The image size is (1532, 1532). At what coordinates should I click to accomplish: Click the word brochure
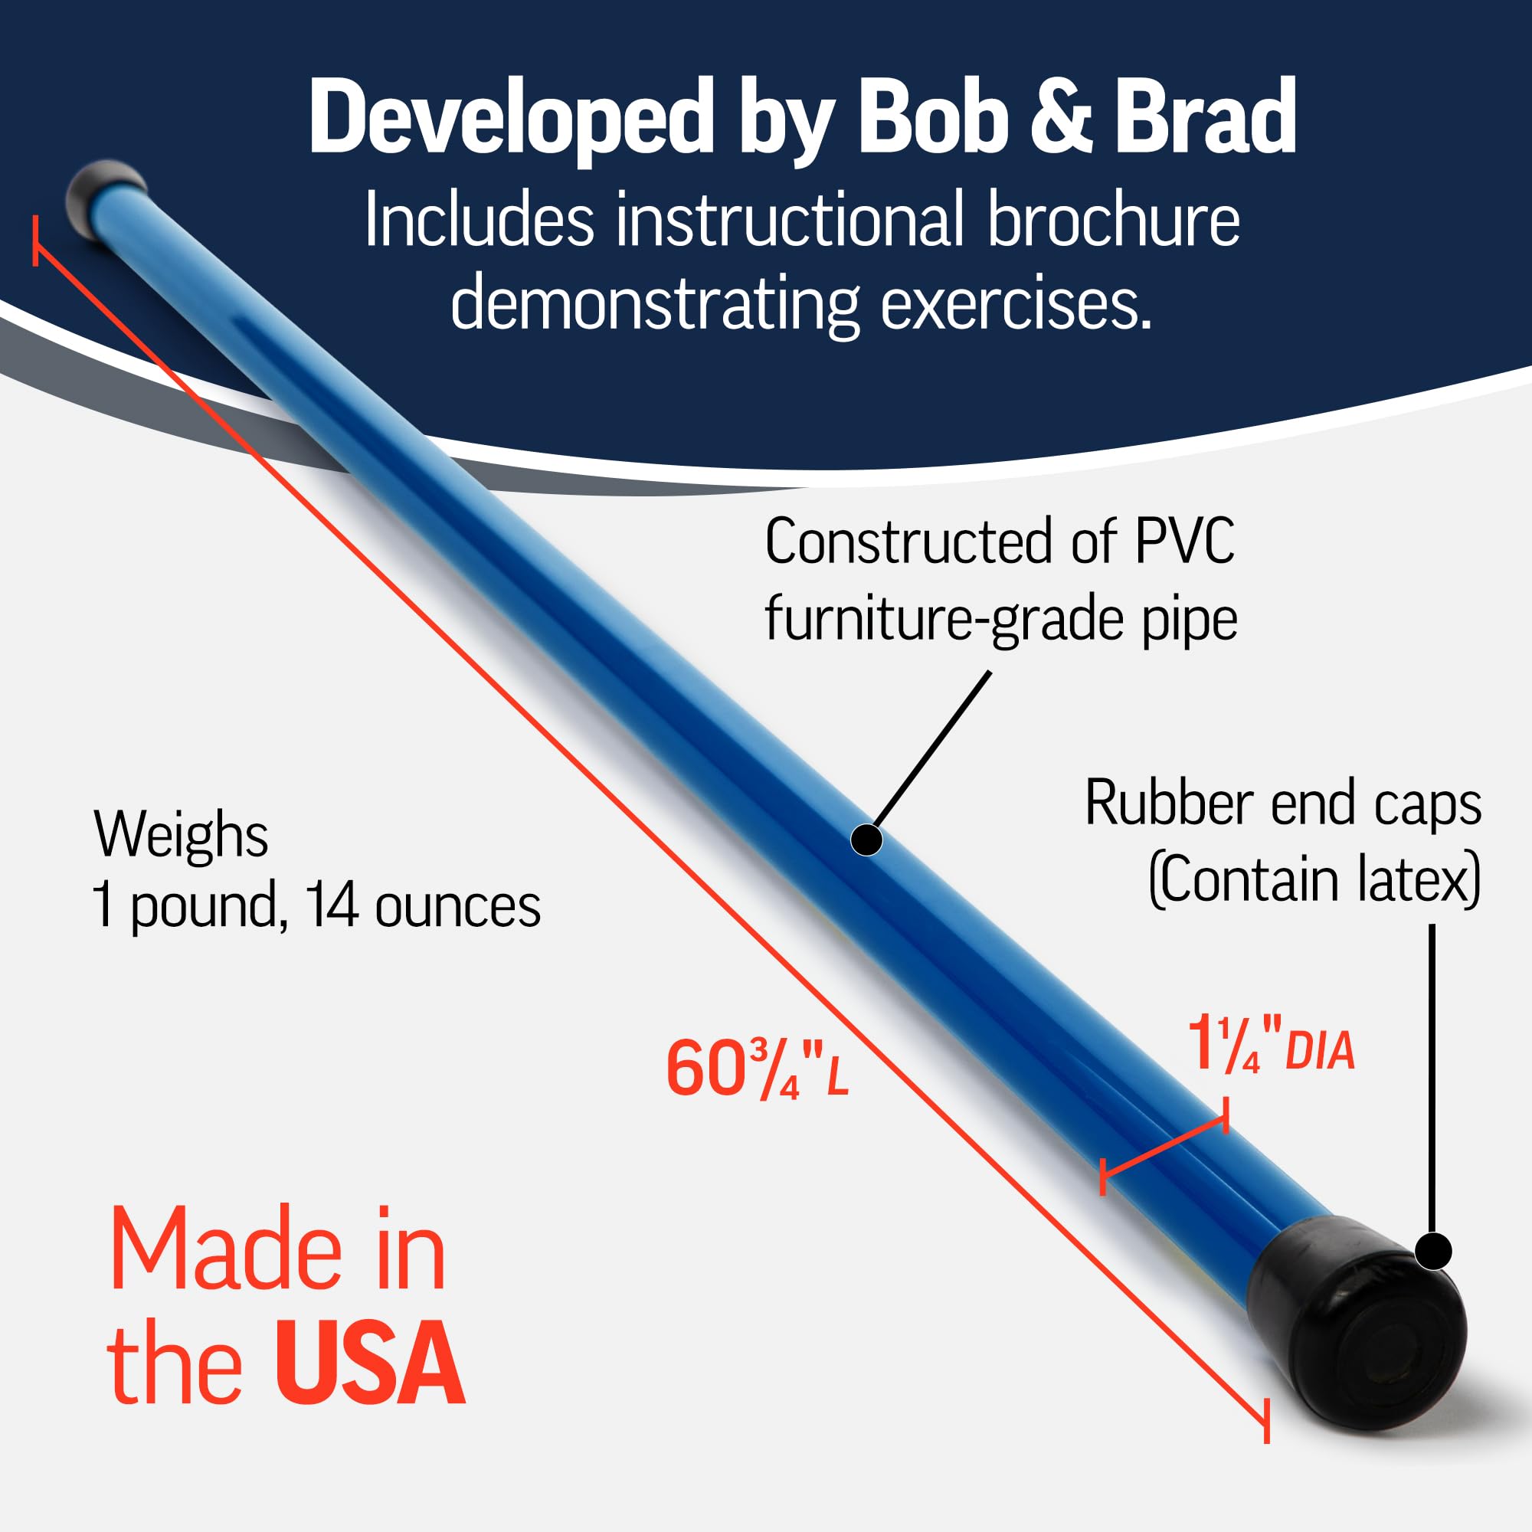[x=1113, y=220]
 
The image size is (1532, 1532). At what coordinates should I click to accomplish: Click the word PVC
[x=1184, y=542]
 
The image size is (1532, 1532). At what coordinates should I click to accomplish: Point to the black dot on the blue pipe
[x=866, y=840]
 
